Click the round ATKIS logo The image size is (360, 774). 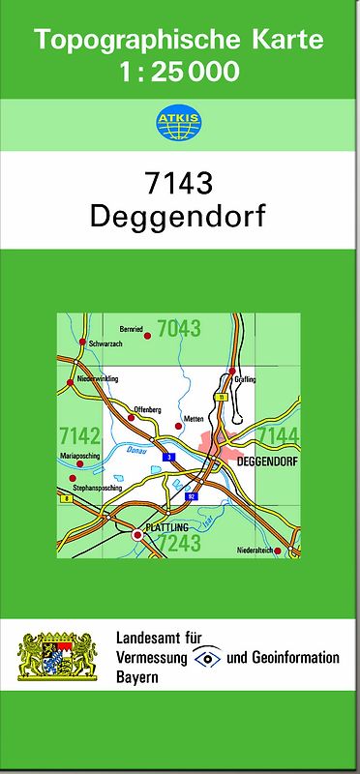coord(180,122)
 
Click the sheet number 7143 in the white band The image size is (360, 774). coord(179,183)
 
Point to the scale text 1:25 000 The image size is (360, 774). coord(179,72)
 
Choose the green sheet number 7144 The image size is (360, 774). coord(280,434)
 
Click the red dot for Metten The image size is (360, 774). coord(178,425)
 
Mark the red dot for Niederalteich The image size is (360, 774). coord(278,551)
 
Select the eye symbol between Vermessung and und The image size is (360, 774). coord(205,658)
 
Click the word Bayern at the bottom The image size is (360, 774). coord(136,678)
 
